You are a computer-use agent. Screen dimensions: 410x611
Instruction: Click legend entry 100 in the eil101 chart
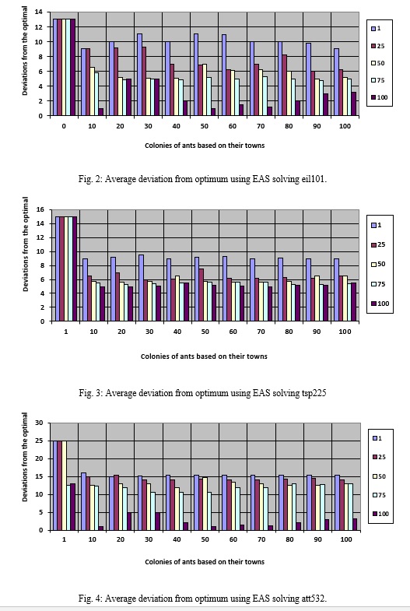[x=379, y=97]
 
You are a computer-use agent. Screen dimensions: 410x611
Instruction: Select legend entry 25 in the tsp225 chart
[x=377, y=244]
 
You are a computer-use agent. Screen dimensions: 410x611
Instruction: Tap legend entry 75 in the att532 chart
[x=378, y=495]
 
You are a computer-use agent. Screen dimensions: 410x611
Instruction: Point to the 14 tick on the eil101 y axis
[x=39, y=12]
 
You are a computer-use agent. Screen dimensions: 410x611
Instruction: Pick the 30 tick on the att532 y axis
[x=39, y=423]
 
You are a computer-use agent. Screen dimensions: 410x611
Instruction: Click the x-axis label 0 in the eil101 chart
[x=64, y=126]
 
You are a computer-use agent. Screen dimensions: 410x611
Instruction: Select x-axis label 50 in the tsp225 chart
[x=205, y=332]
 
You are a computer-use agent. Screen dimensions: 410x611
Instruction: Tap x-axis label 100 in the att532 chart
[x=345, y=539]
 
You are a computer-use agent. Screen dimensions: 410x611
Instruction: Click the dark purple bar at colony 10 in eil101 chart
[x=101, y=112]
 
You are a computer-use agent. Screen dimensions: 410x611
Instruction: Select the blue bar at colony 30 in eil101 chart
[x=139, y=75]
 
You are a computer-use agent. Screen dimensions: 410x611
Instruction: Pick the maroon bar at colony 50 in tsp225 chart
[x=201, y=295]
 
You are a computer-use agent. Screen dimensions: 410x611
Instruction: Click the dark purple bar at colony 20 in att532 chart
[x=129, y=521]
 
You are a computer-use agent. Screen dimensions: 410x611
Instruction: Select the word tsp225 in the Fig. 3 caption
[x=314, y=393]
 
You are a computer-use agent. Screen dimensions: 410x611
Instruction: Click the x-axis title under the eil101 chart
[x=205, y=146]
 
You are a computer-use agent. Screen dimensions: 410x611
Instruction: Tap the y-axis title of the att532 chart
[x=25, y=457]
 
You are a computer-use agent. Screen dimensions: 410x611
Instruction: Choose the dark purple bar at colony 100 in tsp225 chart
[x=353, y=302]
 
